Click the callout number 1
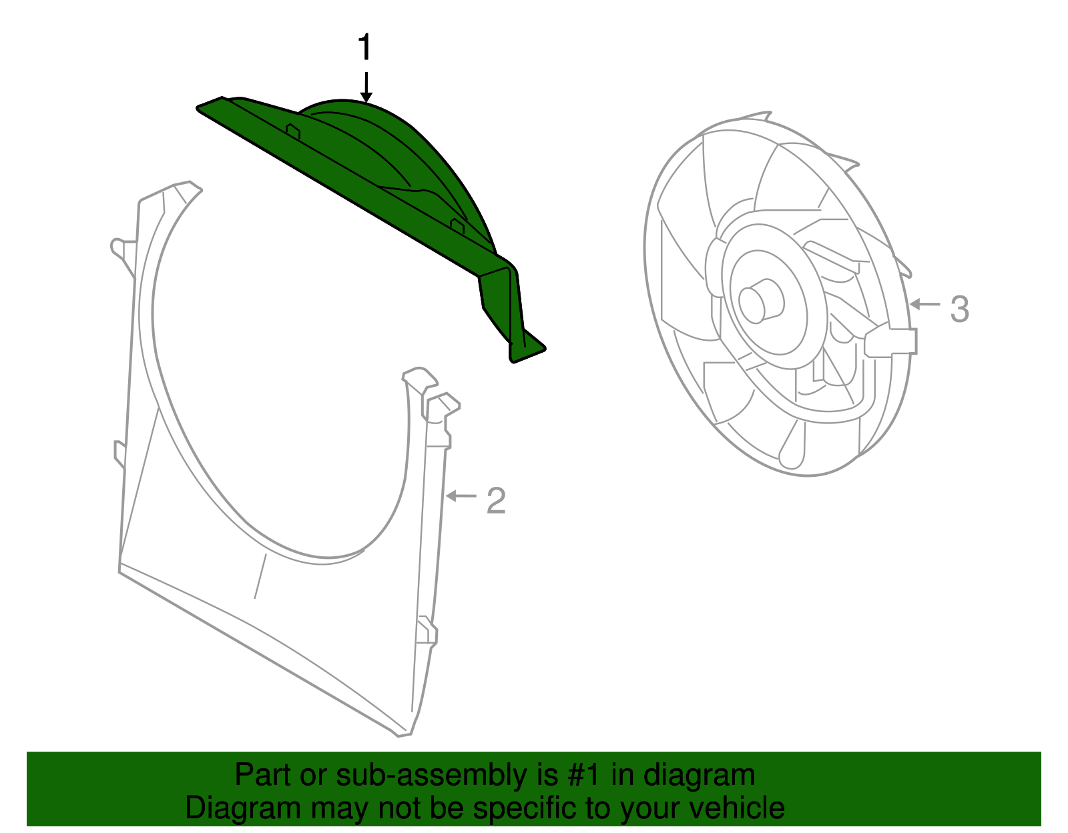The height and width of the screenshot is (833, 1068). (x=364, y=48)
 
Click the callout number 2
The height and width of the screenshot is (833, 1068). (x=496, y=500)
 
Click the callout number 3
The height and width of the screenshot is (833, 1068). (x=959, y=309)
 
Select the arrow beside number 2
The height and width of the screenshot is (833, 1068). (x=461, y=496)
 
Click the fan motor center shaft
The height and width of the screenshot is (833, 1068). (x=761, y=301)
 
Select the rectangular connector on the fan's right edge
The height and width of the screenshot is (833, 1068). (x=891, y=341)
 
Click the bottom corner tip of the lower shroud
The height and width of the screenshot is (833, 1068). (x=403, y=734)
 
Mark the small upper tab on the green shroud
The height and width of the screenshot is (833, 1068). (x=293, y=130)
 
